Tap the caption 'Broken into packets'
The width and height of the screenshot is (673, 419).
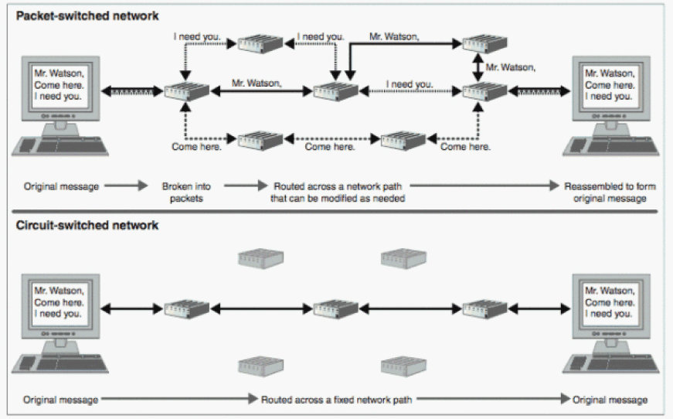coord(182,192)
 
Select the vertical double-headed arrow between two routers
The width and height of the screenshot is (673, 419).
coord(478,68)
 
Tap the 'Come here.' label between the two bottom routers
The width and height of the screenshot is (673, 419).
coord(331,147)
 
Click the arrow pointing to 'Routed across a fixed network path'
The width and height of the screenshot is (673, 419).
coord(178,400)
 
